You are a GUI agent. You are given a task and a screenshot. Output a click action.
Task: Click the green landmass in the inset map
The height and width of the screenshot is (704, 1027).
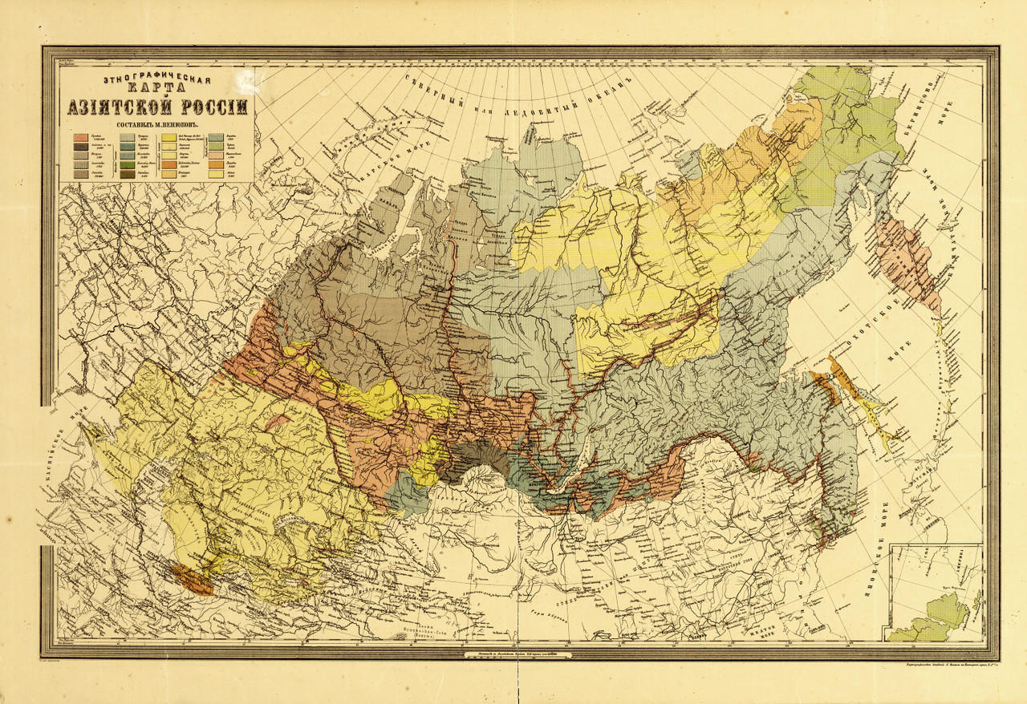[939, 617]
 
